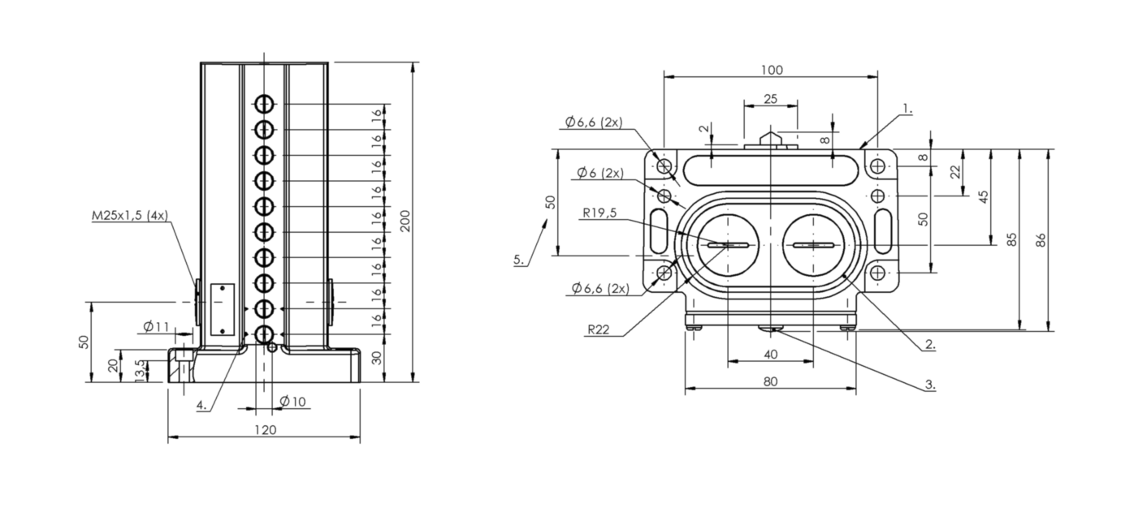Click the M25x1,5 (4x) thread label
(129, 217)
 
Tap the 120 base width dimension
(266, 429)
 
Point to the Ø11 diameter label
(156, 326)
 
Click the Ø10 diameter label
(292, 401)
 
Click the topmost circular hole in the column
(264, 104)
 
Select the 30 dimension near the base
(377, 358)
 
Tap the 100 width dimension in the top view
(772, 70)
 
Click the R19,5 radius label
(599, 214)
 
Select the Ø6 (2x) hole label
(599, 173)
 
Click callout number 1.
(907, 108)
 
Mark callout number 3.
(930, 385)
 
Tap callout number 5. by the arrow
(519, 260)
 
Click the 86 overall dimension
(1041, 239)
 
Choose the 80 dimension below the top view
(771, 381)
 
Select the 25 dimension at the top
(770, 99)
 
